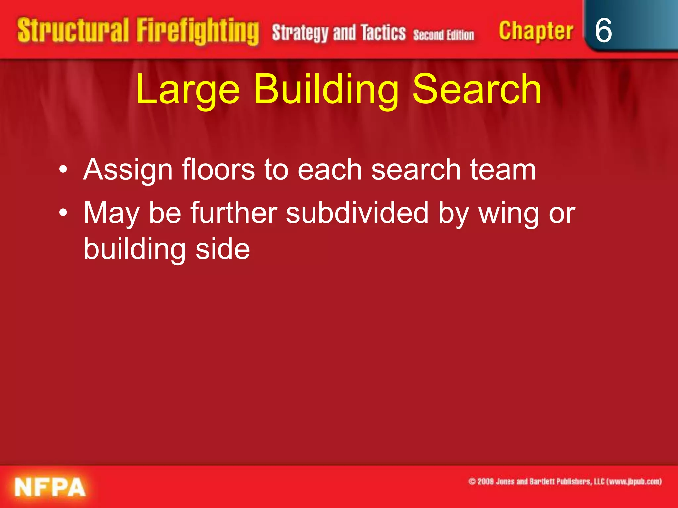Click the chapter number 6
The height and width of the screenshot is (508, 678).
click(603, 30)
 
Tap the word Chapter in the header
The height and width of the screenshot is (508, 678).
click(536, 31)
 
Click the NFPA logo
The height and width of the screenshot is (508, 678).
click(50, 487)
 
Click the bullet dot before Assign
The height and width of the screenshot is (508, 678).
click(63, 170)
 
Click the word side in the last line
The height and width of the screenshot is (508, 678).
click(222, 249)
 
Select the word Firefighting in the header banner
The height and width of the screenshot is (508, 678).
click(198, 31)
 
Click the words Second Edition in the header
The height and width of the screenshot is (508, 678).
click(443, 35)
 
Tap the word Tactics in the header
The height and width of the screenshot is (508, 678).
click(383, 33)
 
